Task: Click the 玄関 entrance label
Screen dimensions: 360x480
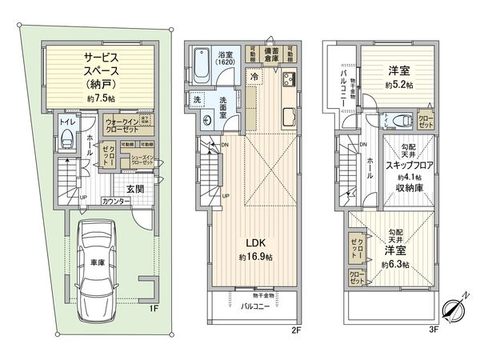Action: tap(134, 189)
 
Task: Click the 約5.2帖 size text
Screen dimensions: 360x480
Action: tap(398, 83)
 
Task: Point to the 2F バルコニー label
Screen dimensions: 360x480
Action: tap(255, 305)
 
